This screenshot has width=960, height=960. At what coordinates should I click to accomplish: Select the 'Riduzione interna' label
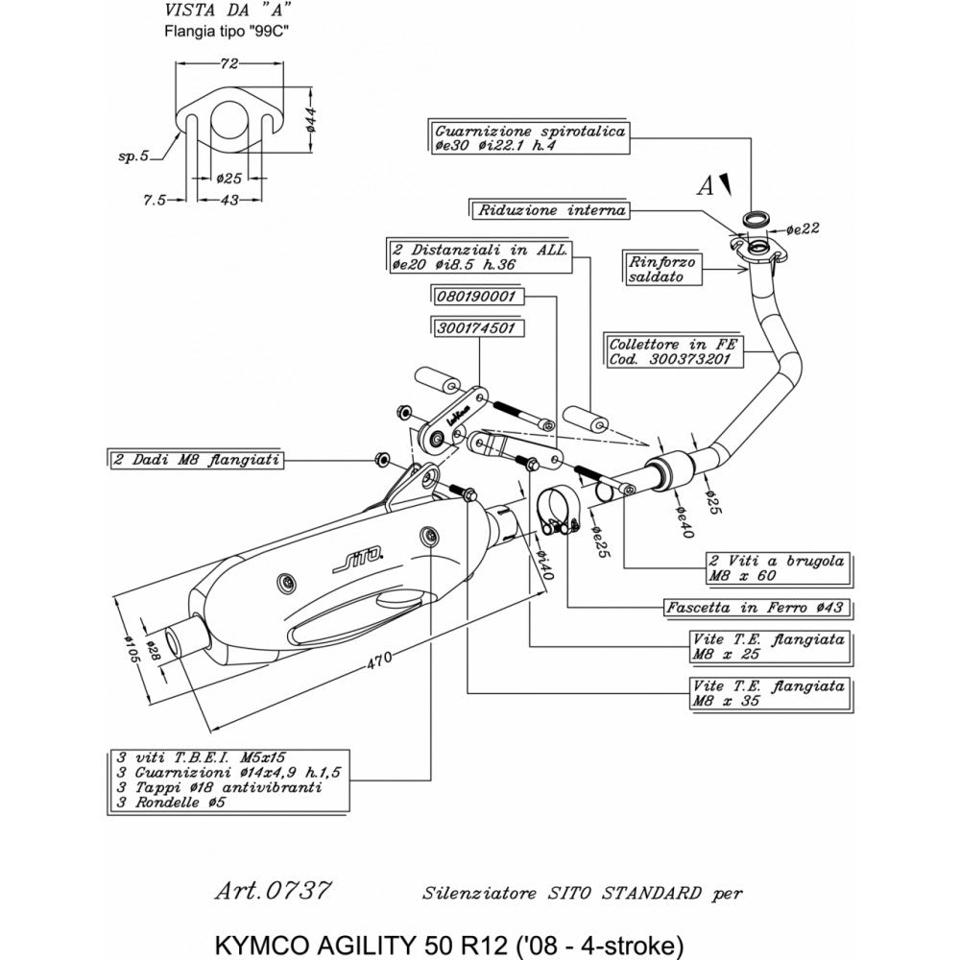click(x=549, y=209)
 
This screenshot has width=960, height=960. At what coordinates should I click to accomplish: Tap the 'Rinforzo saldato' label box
click(x=663, y=268)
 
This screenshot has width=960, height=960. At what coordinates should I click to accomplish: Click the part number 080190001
click(x=476, y=298)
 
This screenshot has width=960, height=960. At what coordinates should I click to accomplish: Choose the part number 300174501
click(x=476, y=327)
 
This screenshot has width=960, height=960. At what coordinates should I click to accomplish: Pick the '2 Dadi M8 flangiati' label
click(x=196, y=461)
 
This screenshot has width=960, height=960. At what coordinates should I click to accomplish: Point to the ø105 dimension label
click(x=133, y=649)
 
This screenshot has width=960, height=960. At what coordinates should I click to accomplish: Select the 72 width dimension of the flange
click(x=229, y=64)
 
